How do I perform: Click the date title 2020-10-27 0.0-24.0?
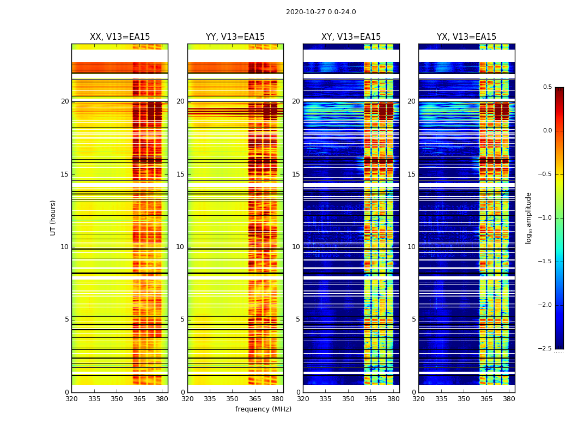pyautogui.click(x=321, y=12)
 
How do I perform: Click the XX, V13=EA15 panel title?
pyautogui.click(x=120, y=37)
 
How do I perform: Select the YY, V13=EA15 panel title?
pyautogui.click(x=235, y=37)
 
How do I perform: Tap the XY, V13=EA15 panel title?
pyautogui.click(x=351, y=37)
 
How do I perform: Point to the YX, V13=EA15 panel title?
pyautogui.click(x=466, y=37)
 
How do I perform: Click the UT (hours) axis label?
pyautogui.click(x=53, y=217)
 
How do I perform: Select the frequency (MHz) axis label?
pyautogui.click(x=263, y=409)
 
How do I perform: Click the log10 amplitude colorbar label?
pyautogui.click(x=528, y=218)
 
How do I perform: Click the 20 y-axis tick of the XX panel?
pyautogui.click(x=65, y=101)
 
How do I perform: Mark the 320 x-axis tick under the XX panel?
pyautogui.click(x=71, y=399)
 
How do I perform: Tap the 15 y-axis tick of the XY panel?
pyautogui.click(x=296, y=174)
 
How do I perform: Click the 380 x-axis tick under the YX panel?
pyautogui.click(x=509, y=399)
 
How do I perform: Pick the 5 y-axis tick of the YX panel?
pyautogui.click(x=413, y=319)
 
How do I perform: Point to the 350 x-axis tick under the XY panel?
pyautogui.click(x=348, y=399)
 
